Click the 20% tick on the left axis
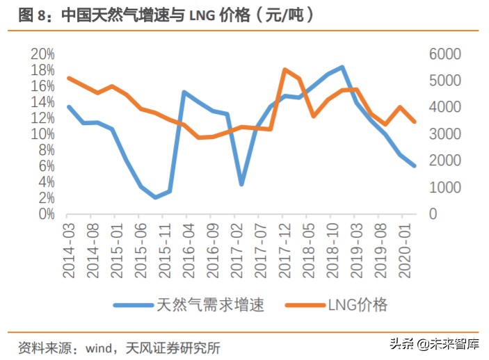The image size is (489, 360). point(42,54)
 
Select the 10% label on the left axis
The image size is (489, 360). point(42,134)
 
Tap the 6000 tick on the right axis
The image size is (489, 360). point(442,54)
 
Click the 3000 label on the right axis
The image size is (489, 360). point(442,134)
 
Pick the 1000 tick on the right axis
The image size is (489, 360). point(442,188)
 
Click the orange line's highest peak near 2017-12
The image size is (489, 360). point(285,69)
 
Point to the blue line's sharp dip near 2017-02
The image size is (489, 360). point(241,184)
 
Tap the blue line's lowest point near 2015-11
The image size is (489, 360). point(156,197)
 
